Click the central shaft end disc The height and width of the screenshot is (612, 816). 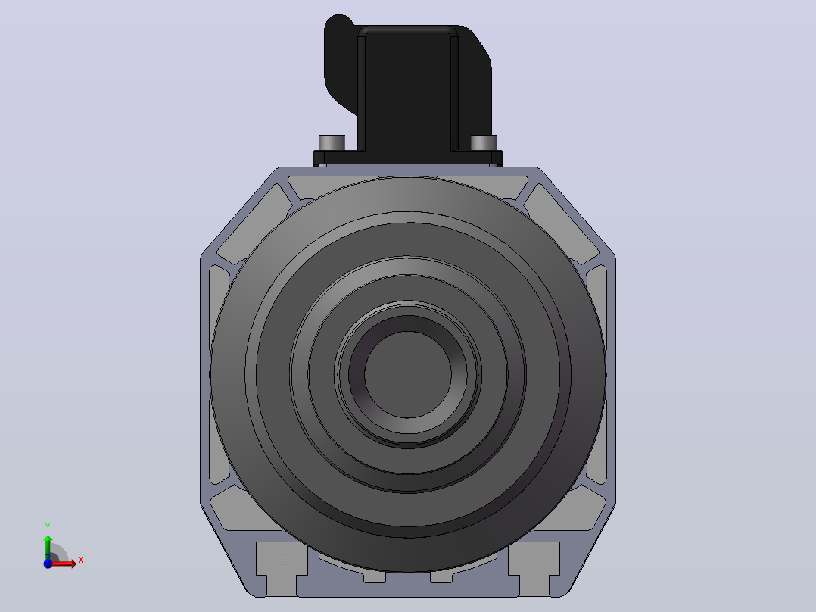click(x=408, y=374)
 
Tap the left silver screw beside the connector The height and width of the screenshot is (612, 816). click(x=332, y=142)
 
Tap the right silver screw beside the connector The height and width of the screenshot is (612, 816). click(x=484, y=142)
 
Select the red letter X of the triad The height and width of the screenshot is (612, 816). click(x=81, y=560)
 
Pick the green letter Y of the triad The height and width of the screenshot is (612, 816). click(x=48, y=527)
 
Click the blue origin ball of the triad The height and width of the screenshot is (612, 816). click(x=48, y=564)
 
